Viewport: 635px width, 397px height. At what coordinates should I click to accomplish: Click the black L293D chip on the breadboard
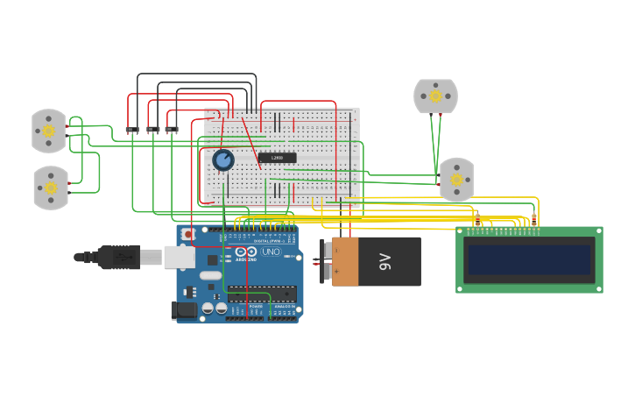277,158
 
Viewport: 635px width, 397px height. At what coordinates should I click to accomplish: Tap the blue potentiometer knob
223,160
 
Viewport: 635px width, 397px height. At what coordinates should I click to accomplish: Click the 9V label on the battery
384,261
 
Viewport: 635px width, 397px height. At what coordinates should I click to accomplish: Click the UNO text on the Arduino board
270,252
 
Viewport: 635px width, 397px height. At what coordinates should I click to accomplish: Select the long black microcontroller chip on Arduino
261,294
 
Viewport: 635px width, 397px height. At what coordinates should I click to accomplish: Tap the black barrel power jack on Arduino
184,309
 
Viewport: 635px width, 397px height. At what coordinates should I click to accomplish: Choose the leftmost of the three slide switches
132,130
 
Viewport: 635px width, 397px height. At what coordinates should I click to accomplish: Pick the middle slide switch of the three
153,130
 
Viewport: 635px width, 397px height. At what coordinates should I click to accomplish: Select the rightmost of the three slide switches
172,130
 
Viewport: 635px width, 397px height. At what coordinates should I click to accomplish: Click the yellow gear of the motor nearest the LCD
455,180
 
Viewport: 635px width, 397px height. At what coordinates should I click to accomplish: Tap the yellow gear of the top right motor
435,96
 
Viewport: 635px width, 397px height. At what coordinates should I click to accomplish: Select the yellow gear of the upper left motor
48,131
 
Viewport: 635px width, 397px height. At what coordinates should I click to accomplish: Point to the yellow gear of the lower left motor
51,188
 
